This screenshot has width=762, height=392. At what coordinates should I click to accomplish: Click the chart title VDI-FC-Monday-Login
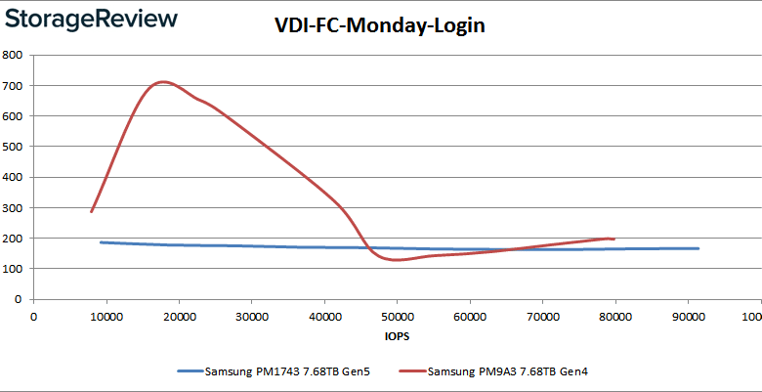click(380, 26)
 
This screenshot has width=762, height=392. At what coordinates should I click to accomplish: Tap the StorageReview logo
click(90, 20)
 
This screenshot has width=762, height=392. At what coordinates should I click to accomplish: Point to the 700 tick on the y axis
click(14, 85)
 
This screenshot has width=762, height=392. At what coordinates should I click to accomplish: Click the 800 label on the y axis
click(14, 55)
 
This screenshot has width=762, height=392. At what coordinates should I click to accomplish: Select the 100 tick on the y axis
click(14, 268)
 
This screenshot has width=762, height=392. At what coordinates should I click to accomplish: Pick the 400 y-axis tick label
click(14, 177)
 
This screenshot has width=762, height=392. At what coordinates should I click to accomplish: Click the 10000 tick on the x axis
click(106, 315)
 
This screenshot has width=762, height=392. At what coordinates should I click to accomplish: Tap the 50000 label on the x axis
click(397, 315)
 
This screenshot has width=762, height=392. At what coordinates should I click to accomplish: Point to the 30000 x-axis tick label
click(251, 315)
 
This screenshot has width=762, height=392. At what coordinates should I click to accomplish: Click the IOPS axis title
click(396, 336)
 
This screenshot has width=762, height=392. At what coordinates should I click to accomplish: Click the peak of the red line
click(164, 82)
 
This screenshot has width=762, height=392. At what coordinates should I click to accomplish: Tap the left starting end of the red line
click(91, 211)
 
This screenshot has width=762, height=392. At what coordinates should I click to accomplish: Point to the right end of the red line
click(613, 239)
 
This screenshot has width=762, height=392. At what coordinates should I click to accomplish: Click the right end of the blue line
click(698, 248)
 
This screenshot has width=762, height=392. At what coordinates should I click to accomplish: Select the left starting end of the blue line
click(101, 241)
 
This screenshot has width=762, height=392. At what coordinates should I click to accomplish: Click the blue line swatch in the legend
click(190, 371)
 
